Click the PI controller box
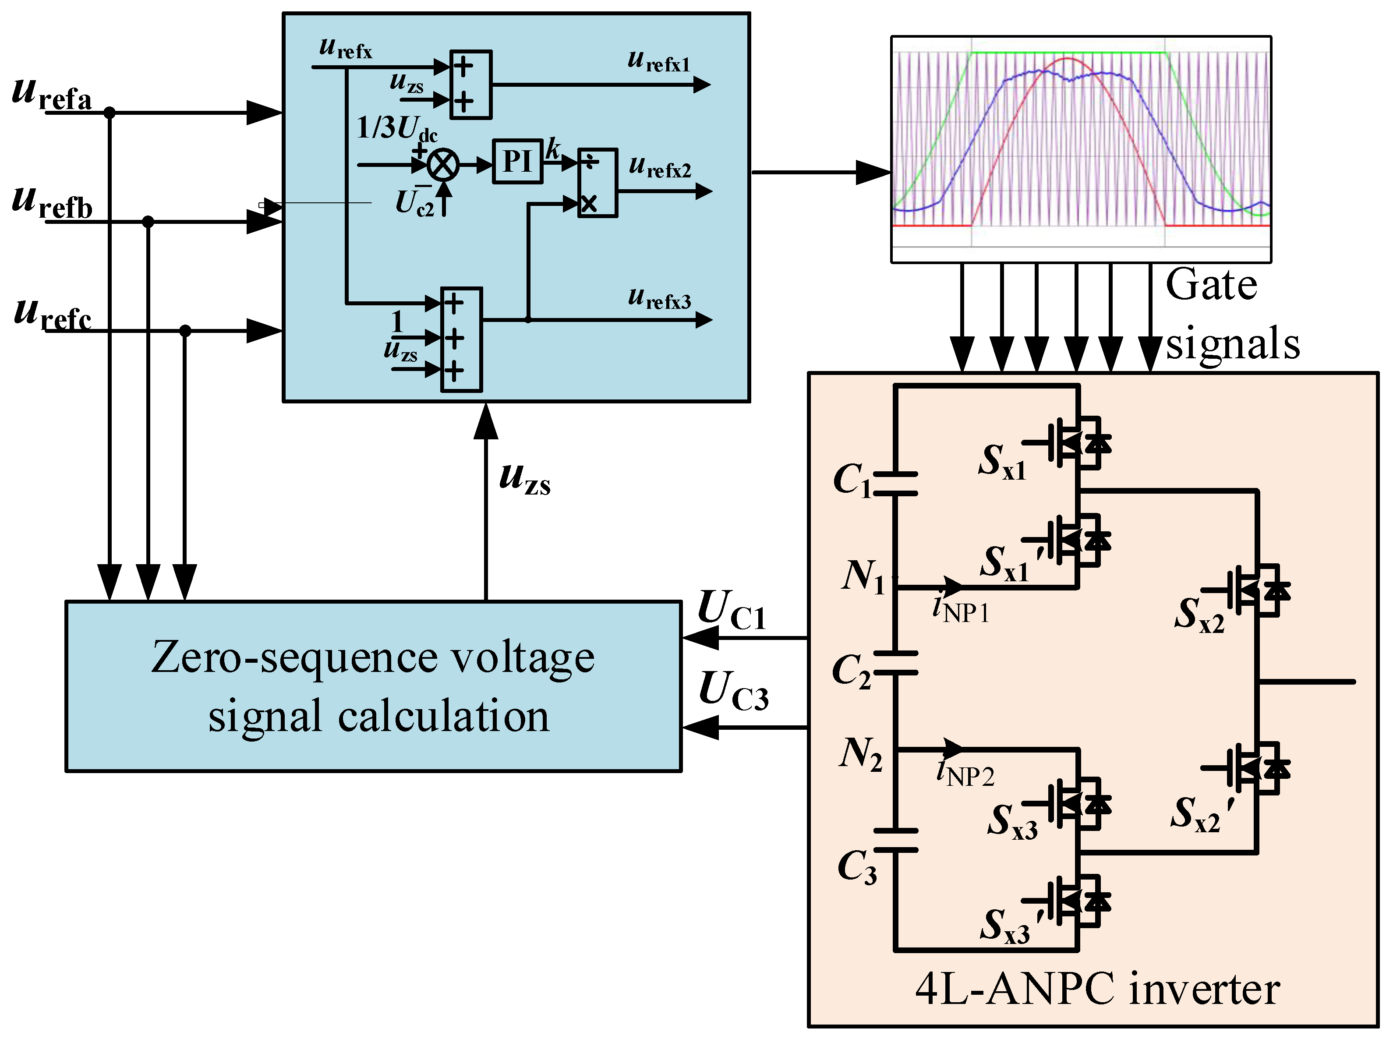[x=517, y=162]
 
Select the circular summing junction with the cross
[x=443, y=165]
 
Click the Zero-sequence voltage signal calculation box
[x=374, y=686]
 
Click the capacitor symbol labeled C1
[x=895, y=484]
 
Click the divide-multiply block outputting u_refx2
[x=597, y=183]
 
